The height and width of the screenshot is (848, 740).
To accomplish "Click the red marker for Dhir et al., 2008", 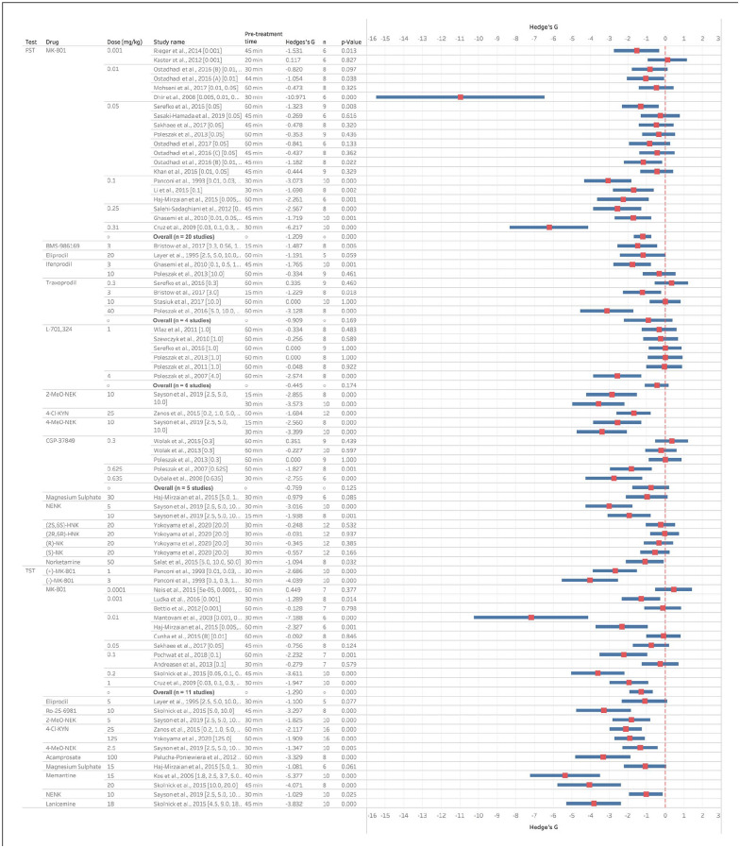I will (460, 96).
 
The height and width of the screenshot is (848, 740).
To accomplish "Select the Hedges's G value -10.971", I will (297, 96).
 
